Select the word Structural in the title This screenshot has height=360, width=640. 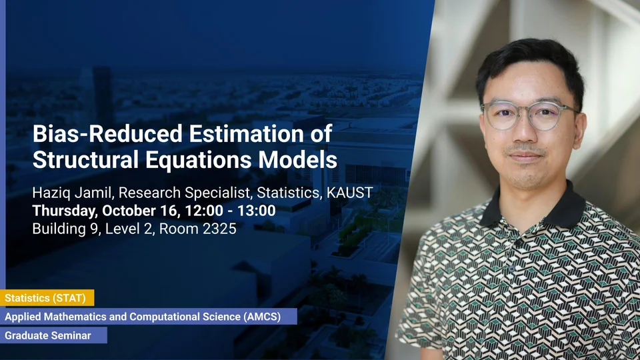tap(86, 159)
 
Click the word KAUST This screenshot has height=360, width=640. tap(350, 193)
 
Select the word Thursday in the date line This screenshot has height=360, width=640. tap(63, 211)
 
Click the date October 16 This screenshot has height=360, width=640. tap(139, 211)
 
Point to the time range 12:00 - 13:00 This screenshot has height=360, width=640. tap(230, 211)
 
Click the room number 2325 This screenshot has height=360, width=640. tap(219, 229)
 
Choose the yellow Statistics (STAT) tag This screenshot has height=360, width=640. tap(47, 298)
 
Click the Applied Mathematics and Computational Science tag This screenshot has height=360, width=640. tap(149, 317)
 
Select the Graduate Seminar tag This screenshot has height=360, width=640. tap(53, 335)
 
